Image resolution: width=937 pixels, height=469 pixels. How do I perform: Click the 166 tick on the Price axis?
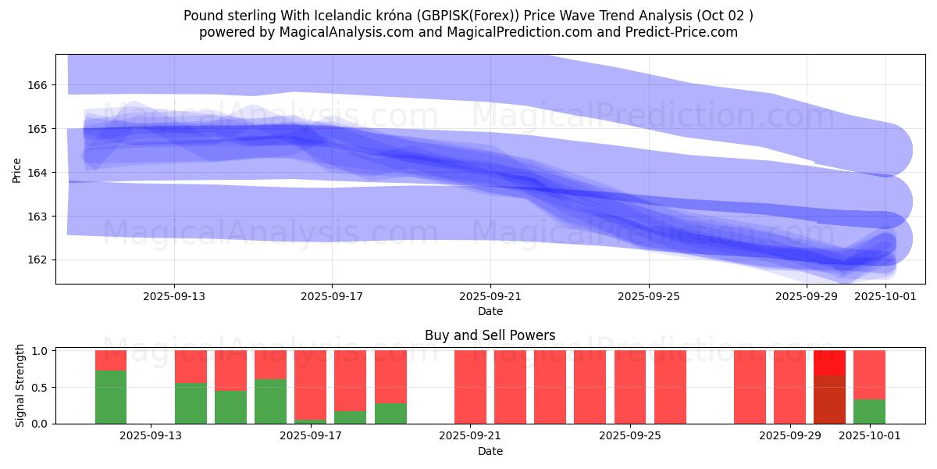[x=40, y=84]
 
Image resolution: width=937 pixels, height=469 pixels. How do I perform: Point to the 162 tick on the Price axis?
[x=40, y=260]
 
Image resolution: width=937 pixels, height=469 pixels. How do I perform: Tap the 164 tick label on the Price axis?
[x=40, y=172]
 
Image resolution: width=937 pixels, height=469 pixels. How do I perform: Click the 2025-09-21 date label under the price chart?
[x=490, y=296]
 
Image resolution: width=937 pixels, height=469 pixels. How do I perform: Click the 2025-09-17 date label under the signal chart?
[x=311, y=436]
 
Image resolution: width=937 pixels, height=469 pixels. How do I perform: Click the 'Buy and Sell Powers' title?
[x=490, y=335]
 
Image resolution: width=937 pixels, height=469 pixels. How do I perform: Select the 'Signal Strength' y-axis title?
[x=20, y=386]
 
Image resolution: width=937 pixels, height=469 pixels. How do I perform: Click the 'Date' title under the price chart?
[x=490, y=311]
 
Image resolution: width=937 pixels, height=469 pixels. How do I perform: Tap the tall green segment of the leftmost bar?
[x=111, y=397]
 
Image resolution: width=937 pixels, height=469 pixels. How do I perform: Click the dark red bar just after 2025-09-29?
[x=829, y=399]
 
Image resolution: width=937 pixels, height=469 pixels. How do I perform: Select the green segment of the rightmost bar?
[x=869, y=411]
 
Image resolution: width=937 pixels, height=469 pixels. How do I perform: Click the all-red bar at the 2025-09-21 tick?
[x=470, y=387]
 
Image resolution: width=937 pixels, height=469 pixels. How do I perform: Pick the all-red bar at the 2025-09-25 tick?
[x=630, y=387]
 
